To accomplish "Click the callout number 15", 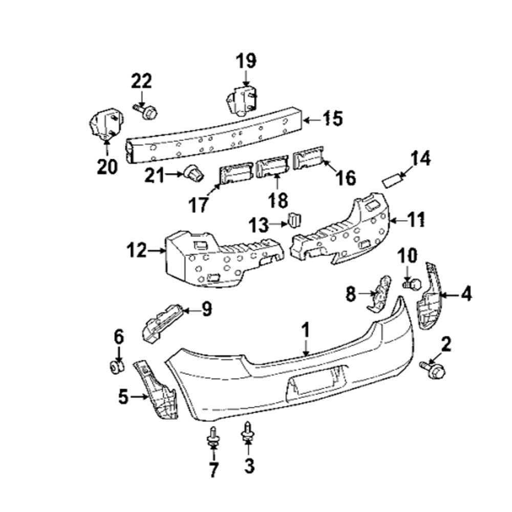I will [x=332, y=119].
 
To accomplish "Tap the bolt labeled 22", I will [x=146, y=111].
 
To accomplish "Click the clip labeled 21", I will [x=194, y=174].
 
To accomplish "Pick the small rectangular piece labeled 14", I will [x=393, y=181].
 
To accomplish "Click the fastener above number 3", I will [x=248, y=430].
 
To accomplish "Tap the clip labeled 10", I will [x=412, y=282].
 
